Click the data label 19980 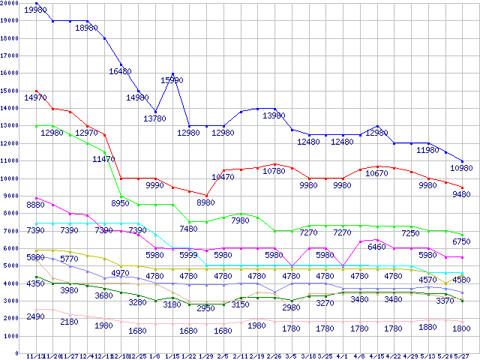pos(36,10)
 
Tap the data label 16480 pos(121,71)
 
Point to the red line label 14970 pos(35,97)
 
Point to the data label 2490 pos(36,316)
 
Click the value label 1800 pos(460,328)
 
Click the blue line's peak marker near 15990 pos(173,74)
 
